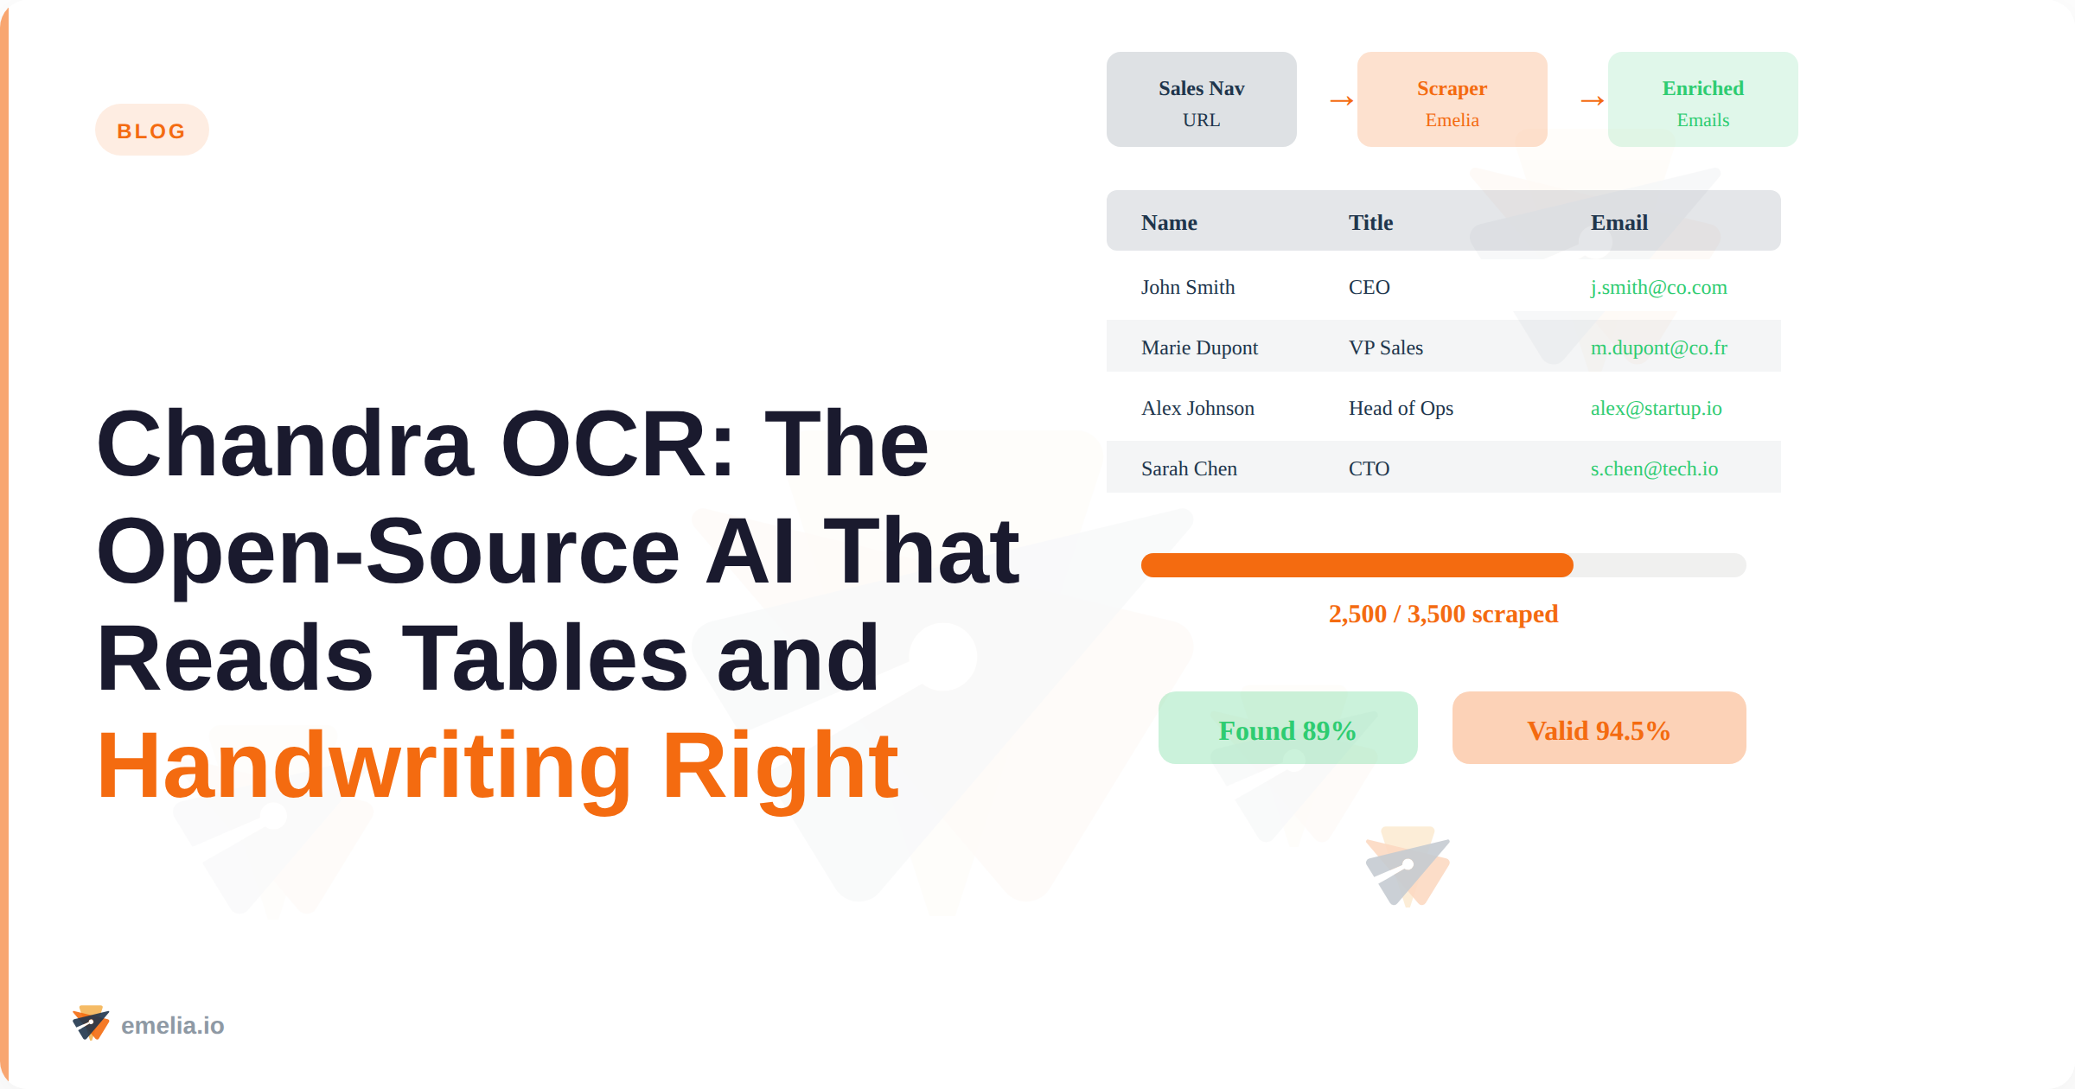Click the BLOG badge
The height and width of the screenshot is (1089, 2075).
point(151,131)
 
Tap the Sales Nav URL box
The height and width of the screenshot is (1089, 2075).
point(1201,99)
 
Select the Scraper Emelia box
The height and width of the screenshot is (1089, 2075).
point(1452,99)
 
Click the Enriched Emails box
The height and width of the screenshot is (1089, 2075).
point(1702,99)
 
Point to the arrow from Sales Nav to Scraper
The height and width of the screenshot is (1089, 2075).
point(1341,101)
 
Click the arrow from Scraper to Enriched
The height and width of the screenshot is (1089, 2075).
point(1592,101)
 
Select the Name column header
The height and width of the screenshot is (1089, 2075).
point(1169,223)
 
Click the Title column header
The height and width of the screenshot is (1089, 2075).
point(1370,223)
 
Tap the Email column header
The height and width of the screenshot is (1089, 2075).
point(1618,223)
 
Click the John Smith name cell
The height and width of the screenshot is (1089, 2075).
point(1187,288)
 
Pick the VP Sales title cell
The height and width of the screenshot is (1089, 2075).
point(1385,348)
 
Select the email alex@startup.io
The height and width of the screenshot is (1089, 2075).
point(1656,409)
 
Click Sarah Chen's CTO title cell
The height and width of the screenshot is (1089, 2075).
point(1369,469)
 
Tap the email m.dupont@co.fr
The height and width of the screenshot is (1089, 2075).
point(1658,348)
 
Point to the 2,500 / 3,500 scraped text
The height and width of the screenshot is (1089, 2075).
point(1443,615)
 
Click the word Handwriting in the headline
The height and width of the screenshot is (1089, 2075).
point(364,767)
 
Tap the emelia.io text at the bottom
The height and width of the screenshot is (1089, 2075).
point(172,1026)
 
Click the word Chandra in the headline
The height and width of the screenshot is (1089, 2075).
point(285,445)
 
